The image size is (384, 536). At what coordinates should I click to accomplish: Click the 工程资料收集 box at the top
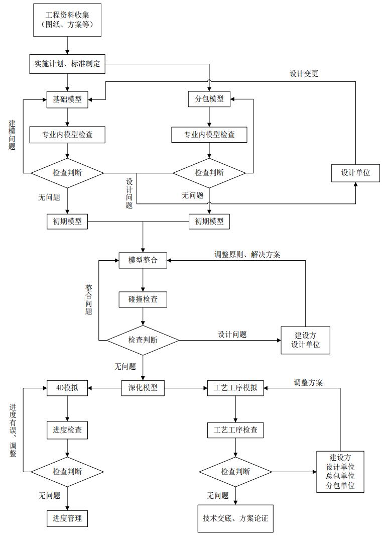click(x=67, y=20)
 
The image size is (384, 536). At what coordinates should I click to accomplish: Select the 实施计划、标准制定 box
click(x=67, y=64)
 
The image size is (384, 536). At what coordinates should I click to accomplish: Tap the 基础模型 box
click(x=67, y=99)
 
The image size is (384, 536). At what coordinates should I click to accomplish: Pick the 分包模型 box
click(x=209, y=99)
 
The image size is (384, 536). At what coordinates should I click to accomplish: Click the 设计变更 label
click(x=304, y=74)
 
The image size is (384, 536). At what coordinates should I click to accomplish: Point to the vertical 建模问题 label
click(x=12, y=135)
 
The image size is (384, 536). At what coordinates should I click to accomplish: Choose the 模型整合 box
click(x=143, y=260)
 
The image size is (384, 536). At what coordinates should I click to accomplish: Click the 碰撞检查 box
click(x=143, y=299)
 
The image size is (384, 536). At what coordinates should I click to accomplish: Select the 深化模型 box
click(x=143, y=388)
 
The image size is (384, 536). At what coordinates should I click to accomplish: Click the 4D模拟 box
click(x=67, y=388)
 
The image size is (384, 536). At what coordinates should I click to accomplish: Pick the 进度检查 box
click(x=67, y=430)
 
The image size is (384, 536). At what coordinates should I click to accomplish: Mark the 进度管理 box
click(x=67, y=518)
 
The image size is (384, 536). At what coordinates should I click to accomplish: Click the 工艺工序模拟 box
click(x=235, y=388)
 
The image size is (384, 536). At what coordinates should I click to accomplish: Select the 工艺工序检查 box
click(x=235, y=430)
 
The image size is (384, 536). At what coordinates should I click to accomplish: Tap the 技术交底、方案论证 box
click(x=235, y=518)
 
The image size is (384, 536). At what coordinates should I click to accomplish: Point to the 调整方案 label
click(x=308, y=382)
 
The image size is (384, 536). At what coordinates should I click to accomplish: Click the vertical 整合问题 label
click(x=89, y=300)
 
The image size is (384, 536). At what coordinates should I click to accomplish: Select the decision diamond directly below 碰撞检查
click(x=143, y=340)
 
